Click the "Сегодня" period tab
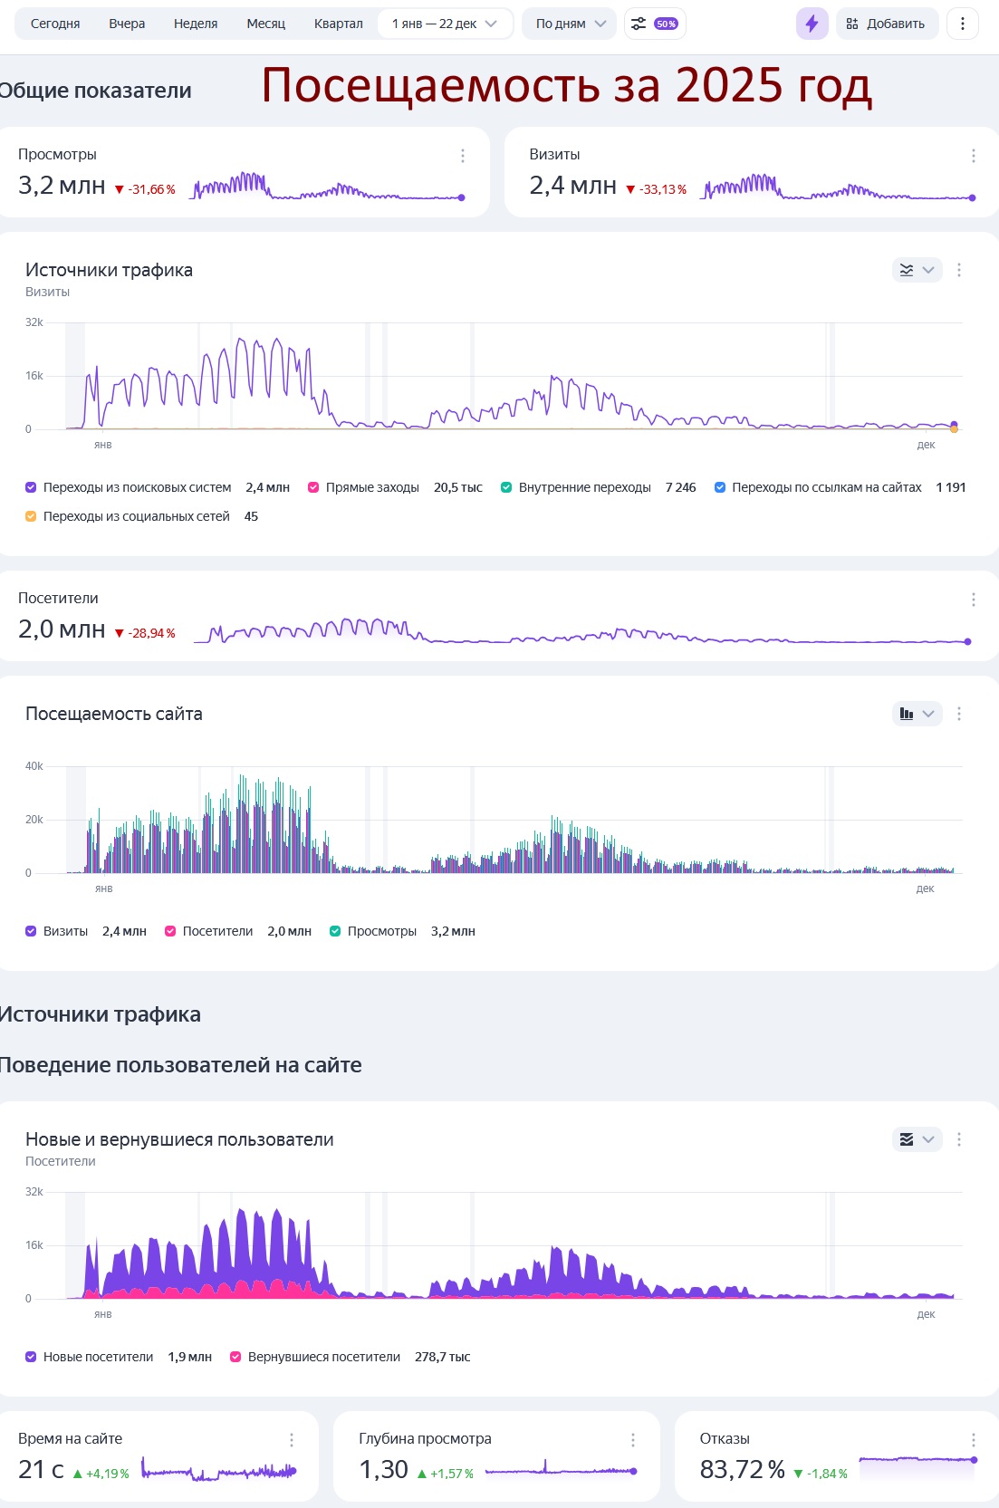click(55, 24)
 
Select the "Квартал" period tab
click(338, 24)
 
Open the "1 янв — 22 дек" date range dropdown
click(444, 24)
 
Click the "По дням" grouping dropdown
click(570, 24)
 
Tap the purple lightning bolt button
click(812, 24)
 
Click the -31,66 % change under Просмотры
click(146, 189)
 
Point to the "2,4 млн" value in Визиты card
click(572, 186)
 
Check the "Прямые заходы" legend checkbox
click(313, 487)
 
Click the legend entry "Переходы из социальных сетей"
click(136, 516)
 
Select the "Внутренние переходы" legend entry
click(584, 487)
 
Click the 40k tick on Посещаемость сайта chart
click(34, 766)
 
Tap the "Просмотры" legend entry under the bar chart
click(381, 931)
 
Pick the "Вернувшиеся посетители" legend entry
click(323, 1357)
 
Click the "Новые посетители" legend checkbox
click(31, 1357)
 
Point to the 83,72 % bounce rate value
click(742, 1469)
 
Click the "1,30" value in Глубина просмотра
click(383, 1469)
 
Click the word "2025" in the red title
click(728, 85)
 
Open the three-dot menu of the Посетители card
click(973, 600)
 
